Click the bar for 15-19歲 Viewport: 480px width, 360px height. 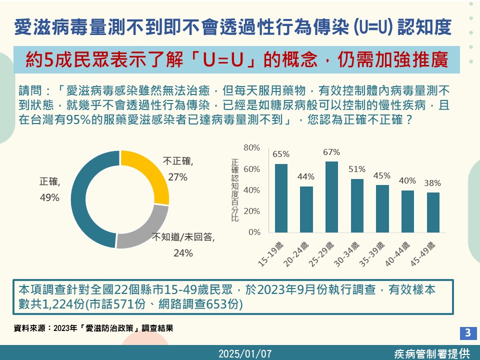(281, 198)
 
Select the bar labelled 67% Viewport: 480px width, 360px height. (331, 197)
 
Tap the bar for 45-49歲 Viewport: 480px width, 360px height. (433, 212)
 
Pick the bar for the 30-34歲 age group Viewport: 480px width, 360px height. (357, 205)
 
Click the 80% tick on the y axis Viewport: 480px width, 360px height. (252, 147)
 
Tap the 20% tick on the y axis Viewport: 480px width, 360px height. (252, 211)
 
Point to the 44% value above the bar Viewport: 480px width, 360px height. (306, 176)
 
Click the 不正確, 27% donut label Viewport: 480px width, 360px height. (178, 169)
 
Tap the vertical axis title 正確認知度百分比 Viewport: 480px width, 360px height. (235, 190)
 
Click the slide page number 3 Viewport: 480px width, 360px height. (468, 332)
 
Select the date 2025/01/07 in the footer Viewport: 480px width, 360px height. (245, 353)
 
